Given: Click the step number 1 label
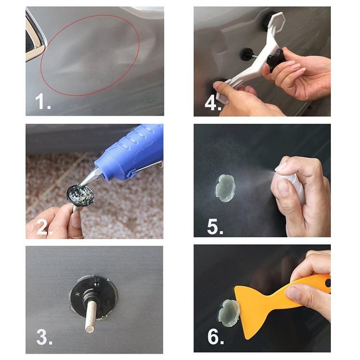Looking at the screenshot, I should coord(43,102).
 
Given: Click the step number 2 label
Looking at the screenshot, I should coord(43,228).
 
